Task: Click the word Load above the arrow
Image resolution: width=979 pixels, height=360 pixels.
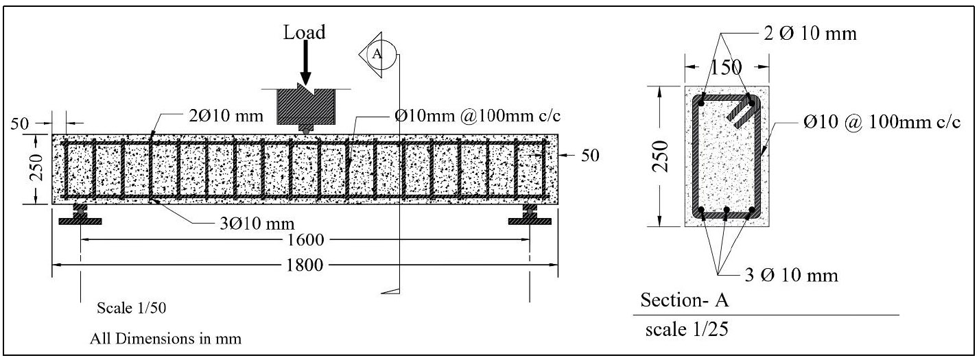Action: click(x=306, y=32)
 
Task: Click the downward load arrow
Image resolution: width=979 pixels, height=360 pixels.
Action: click(x=306, y=65)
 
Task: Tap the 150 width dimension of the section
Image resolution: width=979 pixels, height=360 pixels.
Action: click(x=725, y=67)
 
